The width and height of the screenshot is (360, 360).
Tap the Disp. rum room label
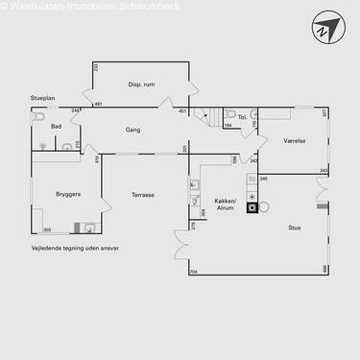[x=141, y=84]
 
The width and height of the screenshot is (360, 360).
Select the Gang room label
[x=133, y=128]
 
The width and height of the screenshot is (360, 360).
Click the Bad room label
[x=57, y=126]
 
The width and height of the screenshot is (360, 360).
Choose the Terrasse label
[x=144, y=194]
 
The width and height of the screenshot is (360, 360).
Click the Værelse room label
[x=295, y=140]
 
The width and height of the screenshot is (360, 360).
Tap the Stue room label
[x=294, y=228]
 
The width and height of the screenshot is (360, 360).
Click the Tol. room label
[x=243, y=117]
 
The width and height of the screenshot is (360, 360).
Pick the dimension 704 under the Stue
[x=193, y=273]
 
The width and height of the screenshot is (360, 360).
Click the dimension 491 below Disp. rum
[x=99, y=104]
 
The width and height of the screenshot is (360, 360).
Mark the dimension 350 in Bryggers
[x=46, y=230]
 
